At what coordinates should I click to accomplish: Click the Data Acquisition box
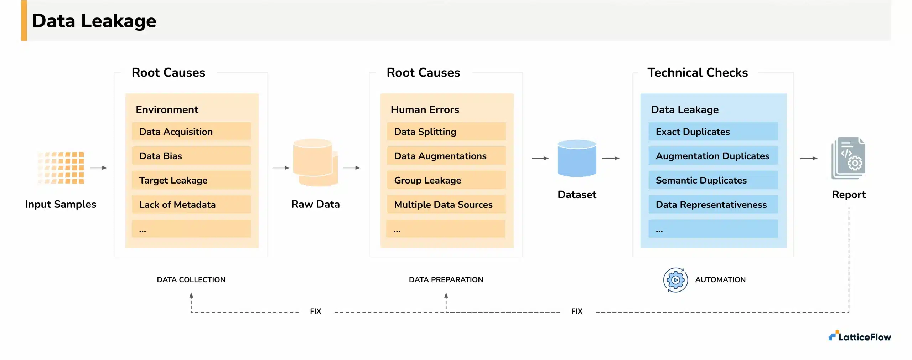(191, 132)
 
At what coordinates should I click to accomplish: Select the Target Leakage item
(191, 180)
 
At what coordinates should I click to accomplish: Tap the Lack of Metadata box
(191, 204)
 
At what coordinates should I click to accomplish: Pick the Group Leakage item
(446, 180)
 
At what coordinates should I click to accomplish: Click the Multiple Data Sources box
(446, 204)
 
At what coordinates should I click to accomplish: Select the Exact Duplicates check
(713, 132)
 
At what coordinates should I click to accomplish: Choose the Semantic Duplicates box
(713, 180)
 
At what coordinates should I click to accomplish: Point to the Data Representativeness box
(713, 204)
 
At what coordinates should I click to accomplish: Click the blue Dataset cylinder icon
(576, 158)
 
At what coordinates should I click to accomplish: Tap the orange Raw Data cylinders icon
(315, 163)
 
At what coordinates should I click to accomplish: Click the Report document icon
(848, 158)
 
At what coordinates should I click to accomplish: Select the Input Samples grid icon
(61, 168)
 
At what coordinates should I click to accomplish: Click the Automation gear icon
(675, 280)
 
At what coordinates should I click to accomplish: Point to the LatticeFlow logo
(859, 336)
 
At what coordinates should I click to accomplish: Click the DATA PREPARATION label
(446, 280)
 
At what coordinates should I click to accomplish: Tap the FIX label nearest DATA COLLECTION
(315, 311)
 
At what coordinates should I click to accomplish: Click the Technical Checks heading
(697, 72)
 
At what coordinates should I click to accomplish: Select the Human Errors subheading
(425, 109)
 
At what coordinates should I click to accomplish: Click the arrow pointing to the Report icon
(809, 158)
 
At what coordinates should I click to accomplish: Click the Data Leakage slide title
(94, 21)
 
